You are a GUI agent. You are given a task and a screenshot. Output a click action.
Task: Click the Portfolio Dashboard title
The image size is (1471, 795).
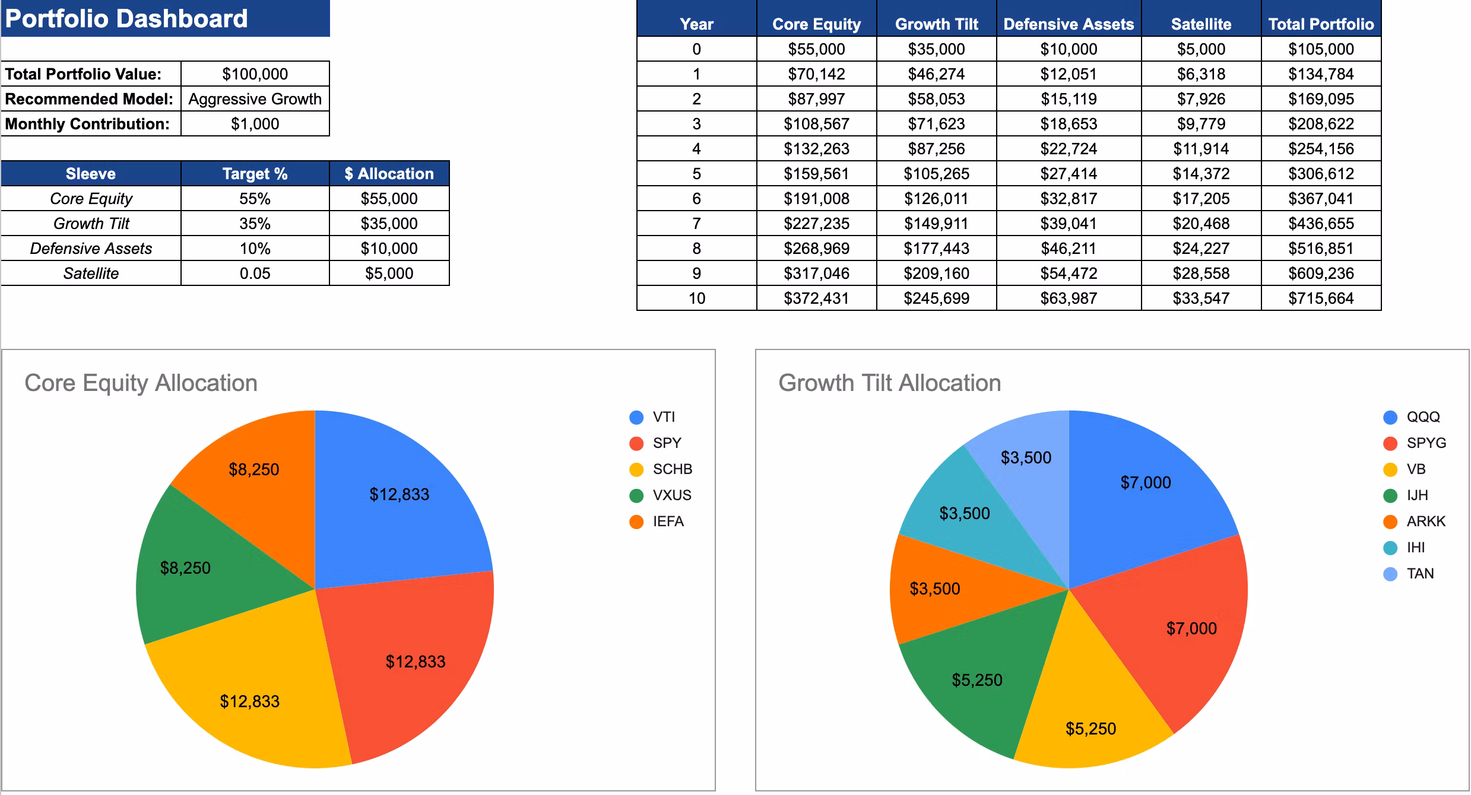(x=126, y=19)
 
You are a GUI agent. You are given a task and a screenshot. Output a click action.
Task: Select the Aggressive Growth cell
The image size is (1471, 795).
(x=255, y=99)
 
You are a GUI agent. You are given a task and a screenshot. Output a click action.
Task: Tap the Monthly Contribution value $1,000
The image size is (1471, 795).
(x=255, y=124)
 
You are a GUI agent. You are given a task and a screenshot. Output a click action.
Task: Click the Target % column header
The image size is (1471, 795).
(x=255, y=174)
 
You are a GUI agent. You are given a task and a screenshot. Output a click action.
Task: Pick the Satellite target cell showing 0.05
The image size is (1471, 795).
(x=255, y=274)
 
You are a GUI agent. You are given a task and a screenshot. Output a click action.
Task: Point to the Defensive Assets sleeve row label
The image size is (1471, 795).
(x=91, y=249)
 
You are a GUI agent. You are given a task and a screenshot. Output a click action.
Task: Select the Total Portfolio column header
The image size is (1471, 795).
(x=1321, y=24)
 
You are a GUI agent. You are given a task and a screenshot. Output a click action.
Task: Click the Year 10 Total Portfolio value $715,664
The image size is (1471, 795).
(x=1321, y=298)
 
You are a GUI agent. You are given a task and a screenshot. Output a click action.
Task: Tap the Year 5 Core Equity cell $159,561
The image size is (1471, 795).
(x=816, y=174)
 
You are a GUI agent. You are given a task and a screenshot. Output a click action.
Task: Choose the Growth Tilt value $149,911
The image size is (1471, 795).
(x=936, y=224)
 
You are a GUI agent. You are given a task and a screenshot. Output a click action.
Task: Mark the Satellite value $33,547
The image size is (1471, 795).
(x=1201, y=298)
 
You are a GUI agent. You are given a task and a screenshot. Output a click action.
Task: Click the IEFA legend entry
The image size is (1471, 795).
(x=657, y=521)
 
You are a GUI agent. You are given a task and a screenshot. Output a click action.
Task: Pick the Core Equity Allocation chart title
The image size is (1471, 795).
(x=141, y=383)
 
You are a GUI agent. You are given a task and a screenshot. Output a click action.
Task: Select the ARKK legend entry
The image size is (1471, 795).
(x=1415, y=521)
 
